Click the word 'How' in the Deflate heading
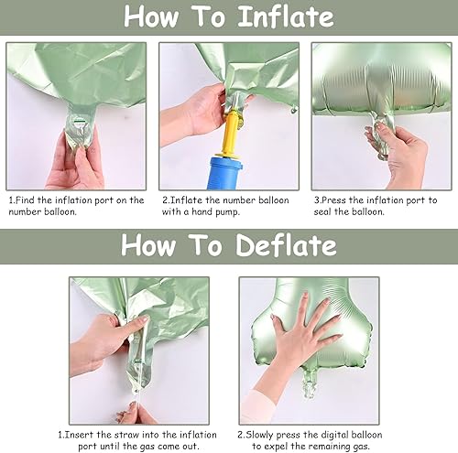(x=149, y=245)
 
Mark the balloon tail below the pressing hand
(x=310, y=384)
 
